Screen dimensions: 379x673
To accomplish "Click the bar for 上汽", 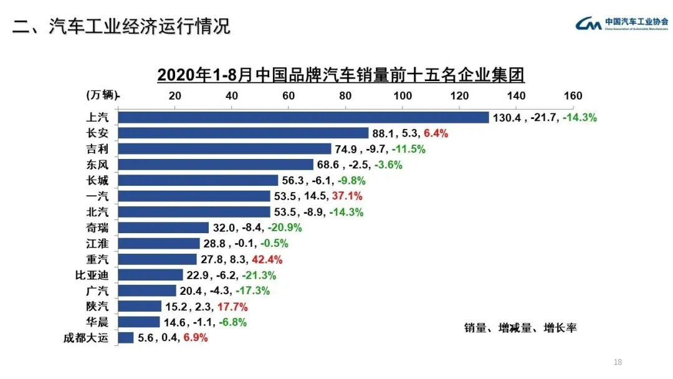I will (303, 117).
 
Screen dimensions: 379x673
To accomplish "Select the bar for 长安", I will (243, 133).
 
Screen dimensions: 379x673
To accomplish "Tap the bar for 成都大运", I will (126, 337).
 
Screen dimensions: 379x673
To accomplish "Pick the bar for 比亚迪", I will (150, 275).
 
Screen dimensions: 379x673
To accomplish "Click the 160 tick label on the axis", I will (573, 95).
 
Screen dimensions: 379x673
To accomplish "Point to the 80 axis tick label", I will (345, 95).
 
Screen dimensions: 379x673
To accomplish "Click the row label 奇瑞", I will (97, 228).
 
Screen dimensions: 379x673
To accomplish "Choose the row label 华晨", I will (97, 322).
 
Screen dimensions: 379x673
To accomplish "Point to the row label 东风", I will (97, 165).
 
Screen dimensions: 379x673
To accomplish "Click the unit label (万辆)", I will (102, 95).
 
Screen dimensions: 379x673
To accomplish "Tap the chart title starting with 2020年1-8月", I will (340, 75).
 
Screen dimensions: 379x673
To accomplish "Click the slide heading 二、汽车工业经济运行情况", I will (122, 26).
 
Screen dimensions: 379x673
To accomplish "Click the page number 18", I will (618, 362).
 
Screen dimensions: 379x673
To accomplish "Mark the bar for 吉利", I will (224, 148).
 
